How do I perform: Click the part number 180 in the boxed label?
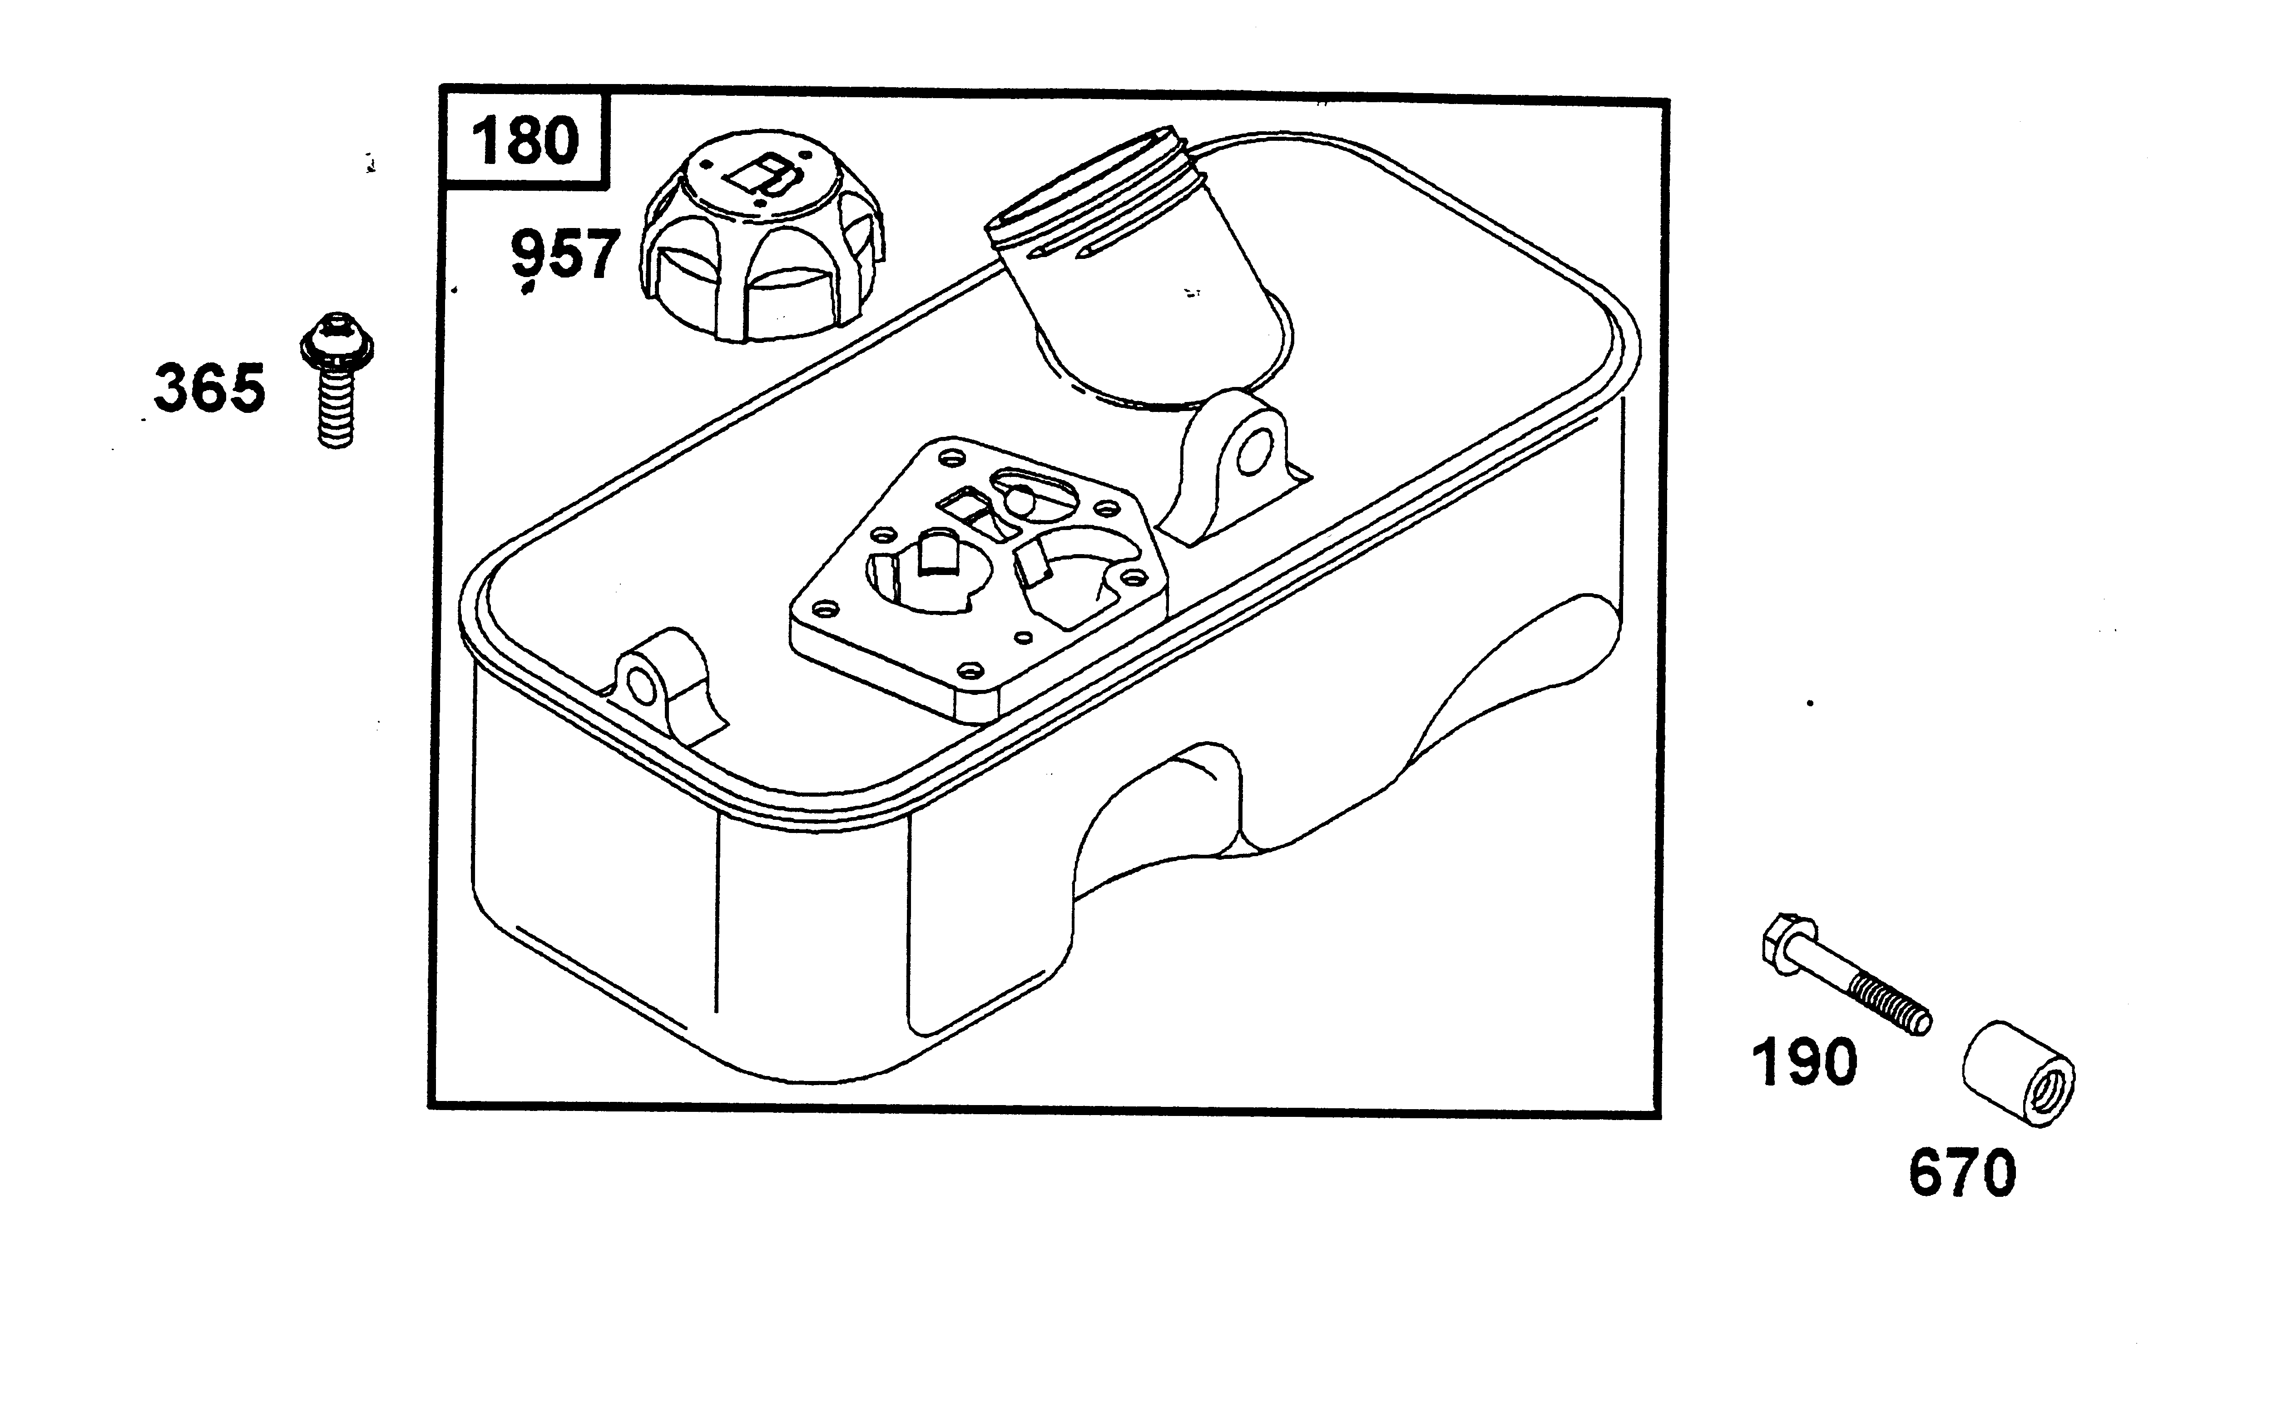tap(525, 141)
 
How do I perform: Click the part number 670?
tap(1962, 1173)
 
